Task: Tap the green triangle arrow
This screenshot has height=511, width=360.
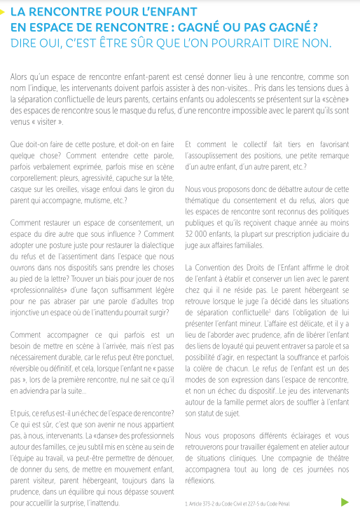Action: tap(343, 502)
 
